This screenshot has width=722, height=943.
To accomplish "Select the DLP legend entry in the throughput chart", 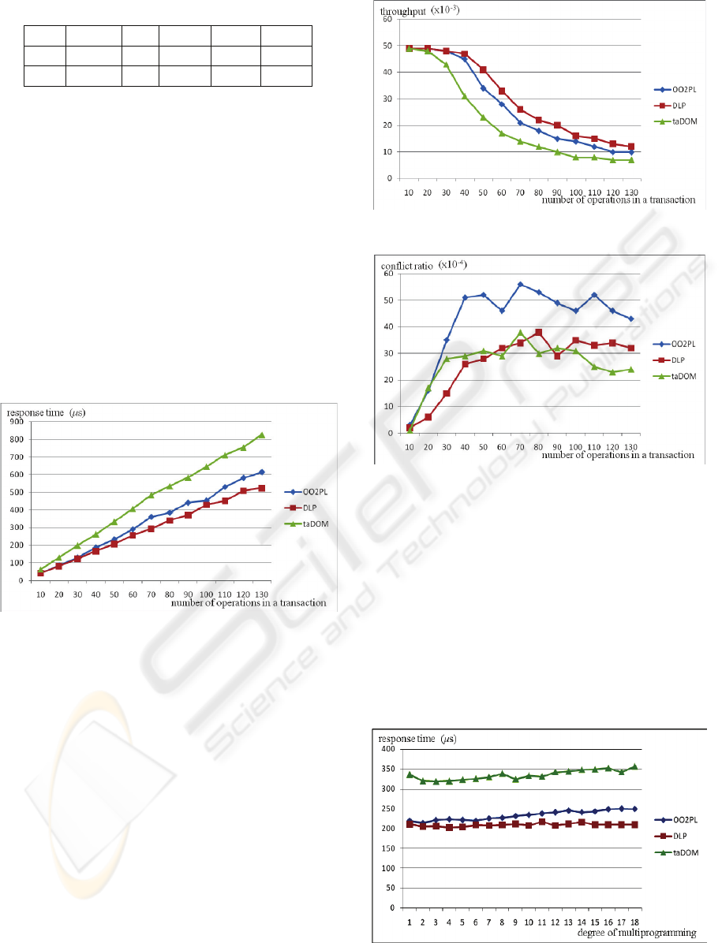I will [x=681, y=102].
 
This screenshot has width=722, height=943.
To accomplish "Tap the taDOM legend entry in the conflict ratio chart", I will [x=681, y=377].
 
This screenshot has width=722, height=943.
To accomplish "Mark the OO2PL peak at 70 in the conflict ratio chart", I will [x=521, y=285].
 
